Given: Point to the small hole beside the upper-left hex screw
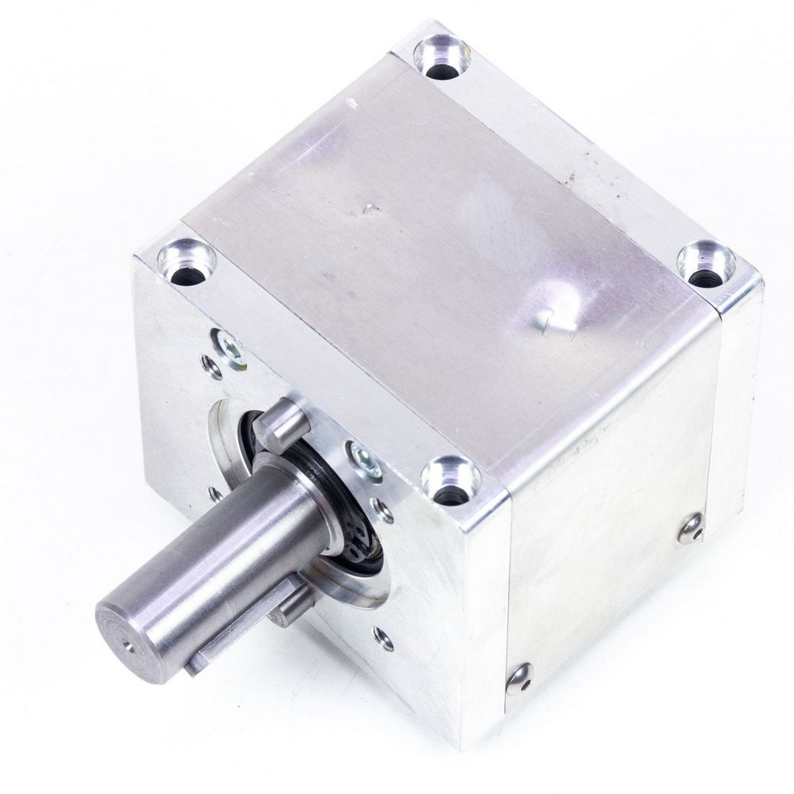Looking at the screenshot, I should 210,365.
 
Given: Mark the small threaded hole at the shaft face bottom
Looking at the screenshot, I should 383,635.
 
